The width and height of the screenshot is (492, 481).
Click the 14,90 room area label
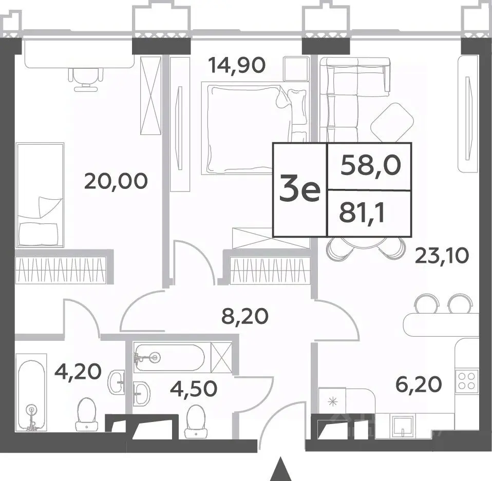tap(237, 65)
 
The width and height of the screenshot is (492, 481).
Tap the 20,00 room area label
tap(116, 181)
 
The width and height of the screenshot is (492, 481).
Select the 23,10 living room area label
tap(442, 256)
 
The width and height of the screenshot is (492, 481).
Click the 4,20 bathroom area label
tap(78, 371)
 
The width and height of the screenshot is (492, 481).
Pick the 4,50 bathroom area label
tap(194, 389)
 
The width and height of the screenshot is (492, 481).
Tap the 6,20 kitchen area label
tap(419, 384)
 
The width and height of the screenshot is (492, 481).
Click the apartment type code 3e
tap(299, 189)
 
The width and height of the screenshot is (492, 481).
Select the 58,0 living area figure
tap(371, 165)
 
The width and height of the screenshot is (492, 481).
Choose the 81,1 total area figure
tap(362, 213)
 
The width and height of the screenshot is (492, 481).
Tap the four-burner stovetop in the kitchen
tap(467, 381)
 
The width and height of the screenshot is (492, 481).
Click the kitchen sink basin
tap(403, 426)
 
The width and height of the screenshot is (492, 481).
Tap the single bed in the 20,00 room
tap(40, 195)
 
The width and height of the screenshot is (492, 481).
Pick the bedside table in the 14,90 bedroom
tap(296, 69)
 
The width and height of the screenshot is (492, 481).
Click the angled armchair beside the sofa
tap(392, 123)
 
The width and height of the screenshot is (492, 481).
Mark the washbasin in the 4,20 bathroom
tap(117, 381)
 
